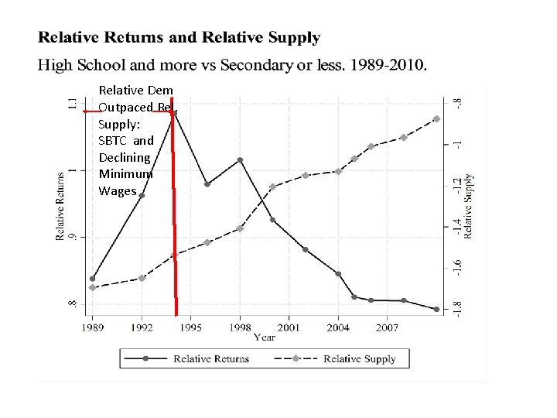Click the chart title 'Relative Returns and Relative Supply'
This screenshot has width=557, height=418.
pos(179,37)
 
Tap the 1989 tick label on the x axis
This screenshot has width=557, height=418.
pos(92,328)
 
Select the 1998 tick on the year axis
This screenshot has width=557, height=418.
pos(240,328)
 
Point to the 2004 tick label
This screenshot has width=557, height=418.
pos(338,328)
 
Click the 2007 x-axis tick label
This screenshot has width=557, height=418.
pos(387,328)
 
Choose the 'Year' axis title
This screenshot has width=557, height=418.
pos(265,338)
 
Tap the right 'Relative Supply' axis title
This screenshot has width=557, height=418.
pos(469,205)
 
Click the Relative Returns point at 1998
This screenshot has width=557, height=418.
pos(240,160)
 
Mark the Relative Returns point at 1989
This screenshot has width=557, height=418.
pos(93,279)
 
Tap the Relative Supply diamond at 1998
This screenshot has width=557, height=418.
pos(240,228)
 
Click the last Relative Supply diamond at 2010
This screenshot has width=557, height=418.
pos(436,118)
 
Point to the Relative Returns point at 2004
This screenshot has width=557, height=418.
pos(338,273)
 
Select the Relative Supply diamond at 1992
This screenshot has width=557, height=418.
pos(142,278)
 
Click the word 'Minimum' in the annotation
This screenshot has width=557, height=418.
pos(125,174)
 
